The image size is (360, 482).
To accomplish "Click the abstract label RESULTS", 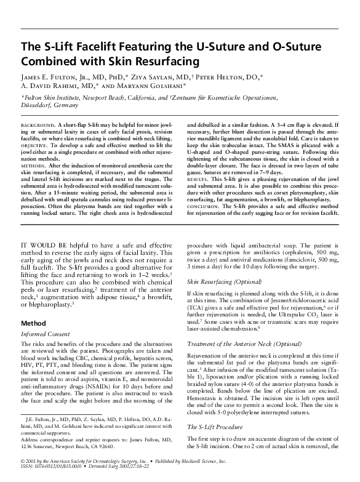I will point(198,169).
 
